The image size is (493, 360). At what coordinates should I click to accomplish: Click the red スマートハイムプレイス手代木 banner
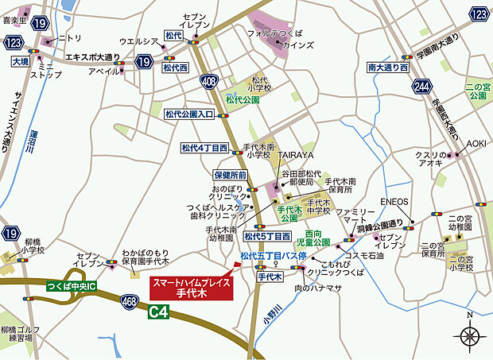tap(191, 288)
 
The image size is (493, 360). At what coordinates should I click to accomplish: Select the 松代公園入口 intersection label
tap(189, 114)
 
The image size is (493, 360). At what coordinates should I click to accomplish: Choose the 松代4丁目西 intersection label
tap(204, 148)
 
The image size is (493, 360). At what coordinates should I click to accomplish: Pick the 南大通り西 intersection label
tap(387, 68)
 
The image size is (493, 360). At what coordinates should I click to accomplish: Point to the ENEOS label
tap(395, 203)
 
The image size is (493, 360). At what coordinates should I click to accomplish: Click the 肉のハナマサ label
tap(318, 288)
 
